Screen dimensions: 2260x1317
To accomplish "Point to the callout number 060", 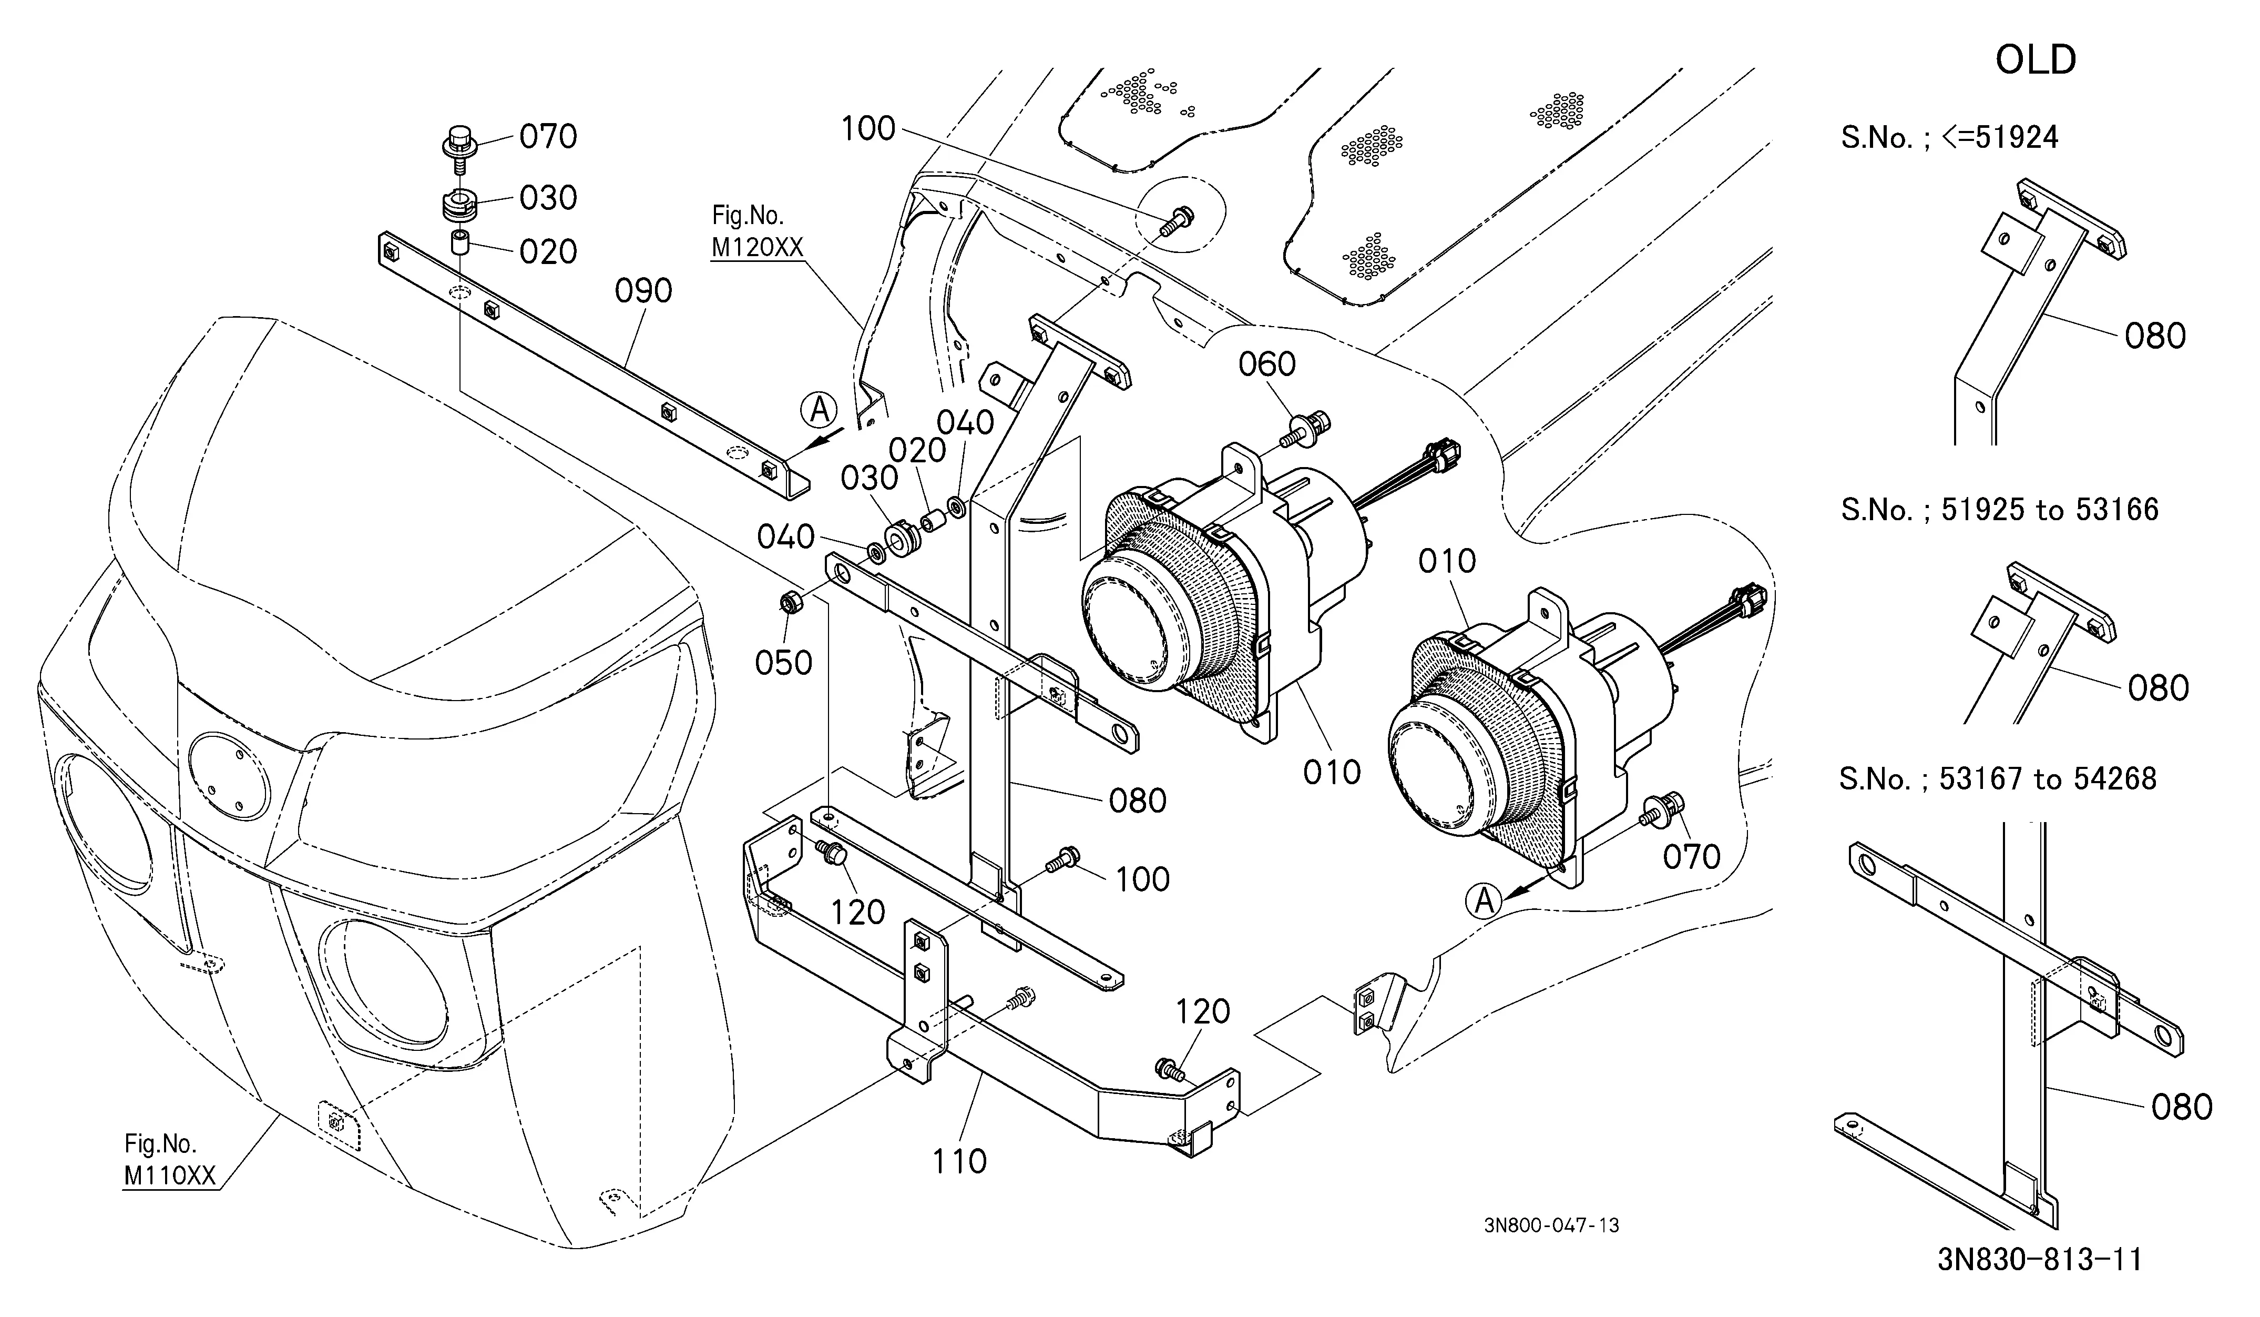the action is click(x=1267, y=364).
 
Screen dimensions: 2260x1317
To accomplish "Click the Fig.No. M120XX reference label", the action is click(x=757, y=231).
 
